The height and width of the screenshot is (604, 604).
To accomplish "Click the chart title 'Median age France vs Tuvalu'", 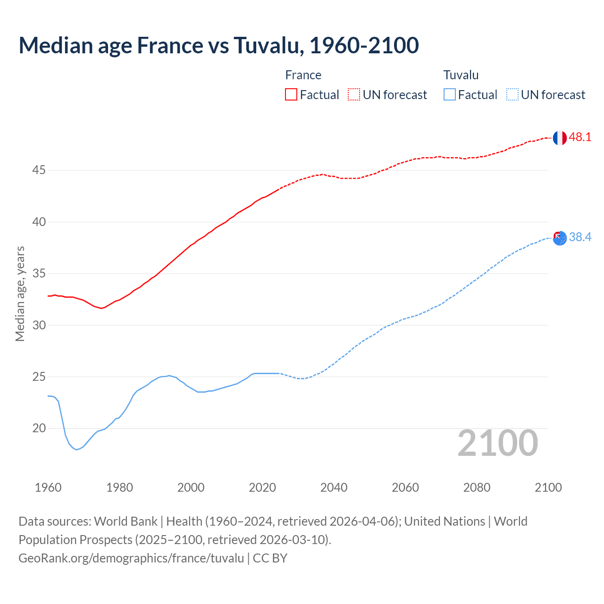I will click(x=218, y=45).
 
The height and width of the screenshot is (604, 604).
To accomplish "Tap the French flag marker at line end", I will click(x=560, y=138).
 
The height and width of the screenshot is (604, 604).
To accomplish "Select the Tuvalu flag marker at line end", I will click(x=560, y=238).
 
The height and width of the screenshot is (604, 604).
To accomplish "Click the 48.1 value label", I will click(x=580, y=137).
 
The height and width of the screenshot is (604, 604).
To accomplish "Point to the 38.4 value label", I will click(x=580, y=237).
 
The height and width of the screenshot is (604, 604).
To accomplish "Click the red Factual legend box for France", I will click(x=291, y=95).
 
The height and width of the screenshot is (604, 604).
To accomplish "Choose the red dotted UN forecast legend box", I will click(x=354, y=95).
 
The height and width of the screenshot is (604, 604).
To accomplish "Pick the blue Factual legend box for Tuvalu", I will click(x=450, y=95).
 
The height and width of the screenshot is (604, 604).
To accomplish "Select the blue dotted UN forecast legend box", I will click(x=512, y=95).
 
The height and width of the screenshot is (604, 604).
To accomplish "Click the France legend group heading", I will click(x=303, y=75).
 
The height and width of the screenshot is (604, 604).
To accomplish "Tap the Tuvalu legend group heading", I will click(x=461, y=75).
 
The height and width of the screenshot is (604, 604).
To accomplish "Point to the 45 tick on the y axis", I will click(x=39, y=170).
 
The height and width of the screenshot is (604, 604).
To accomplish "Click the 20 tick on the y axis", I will click(x=39, y=428).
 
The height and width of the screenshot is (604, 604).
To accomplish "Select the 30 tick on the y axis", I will click(x=39, y=325).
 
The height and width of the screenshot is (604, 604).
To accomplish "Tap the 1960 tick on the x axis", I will click(x=48, y=487).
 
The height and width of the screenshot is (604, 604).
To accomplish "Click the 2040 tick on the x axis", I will click(x=334, y=487).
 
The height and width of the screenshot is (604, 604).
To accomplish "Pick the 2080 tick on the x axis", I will click(x=477, y=487).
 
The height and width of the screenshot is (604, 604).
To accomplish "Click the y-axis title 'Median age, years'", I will click(x=20, y=294).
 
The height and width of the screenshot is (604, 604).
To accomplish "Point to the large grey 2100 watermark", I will click(x=497, y=443).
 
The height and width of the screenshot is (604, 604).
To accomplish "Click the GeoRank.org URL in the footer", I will click(x=131, y=558).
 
